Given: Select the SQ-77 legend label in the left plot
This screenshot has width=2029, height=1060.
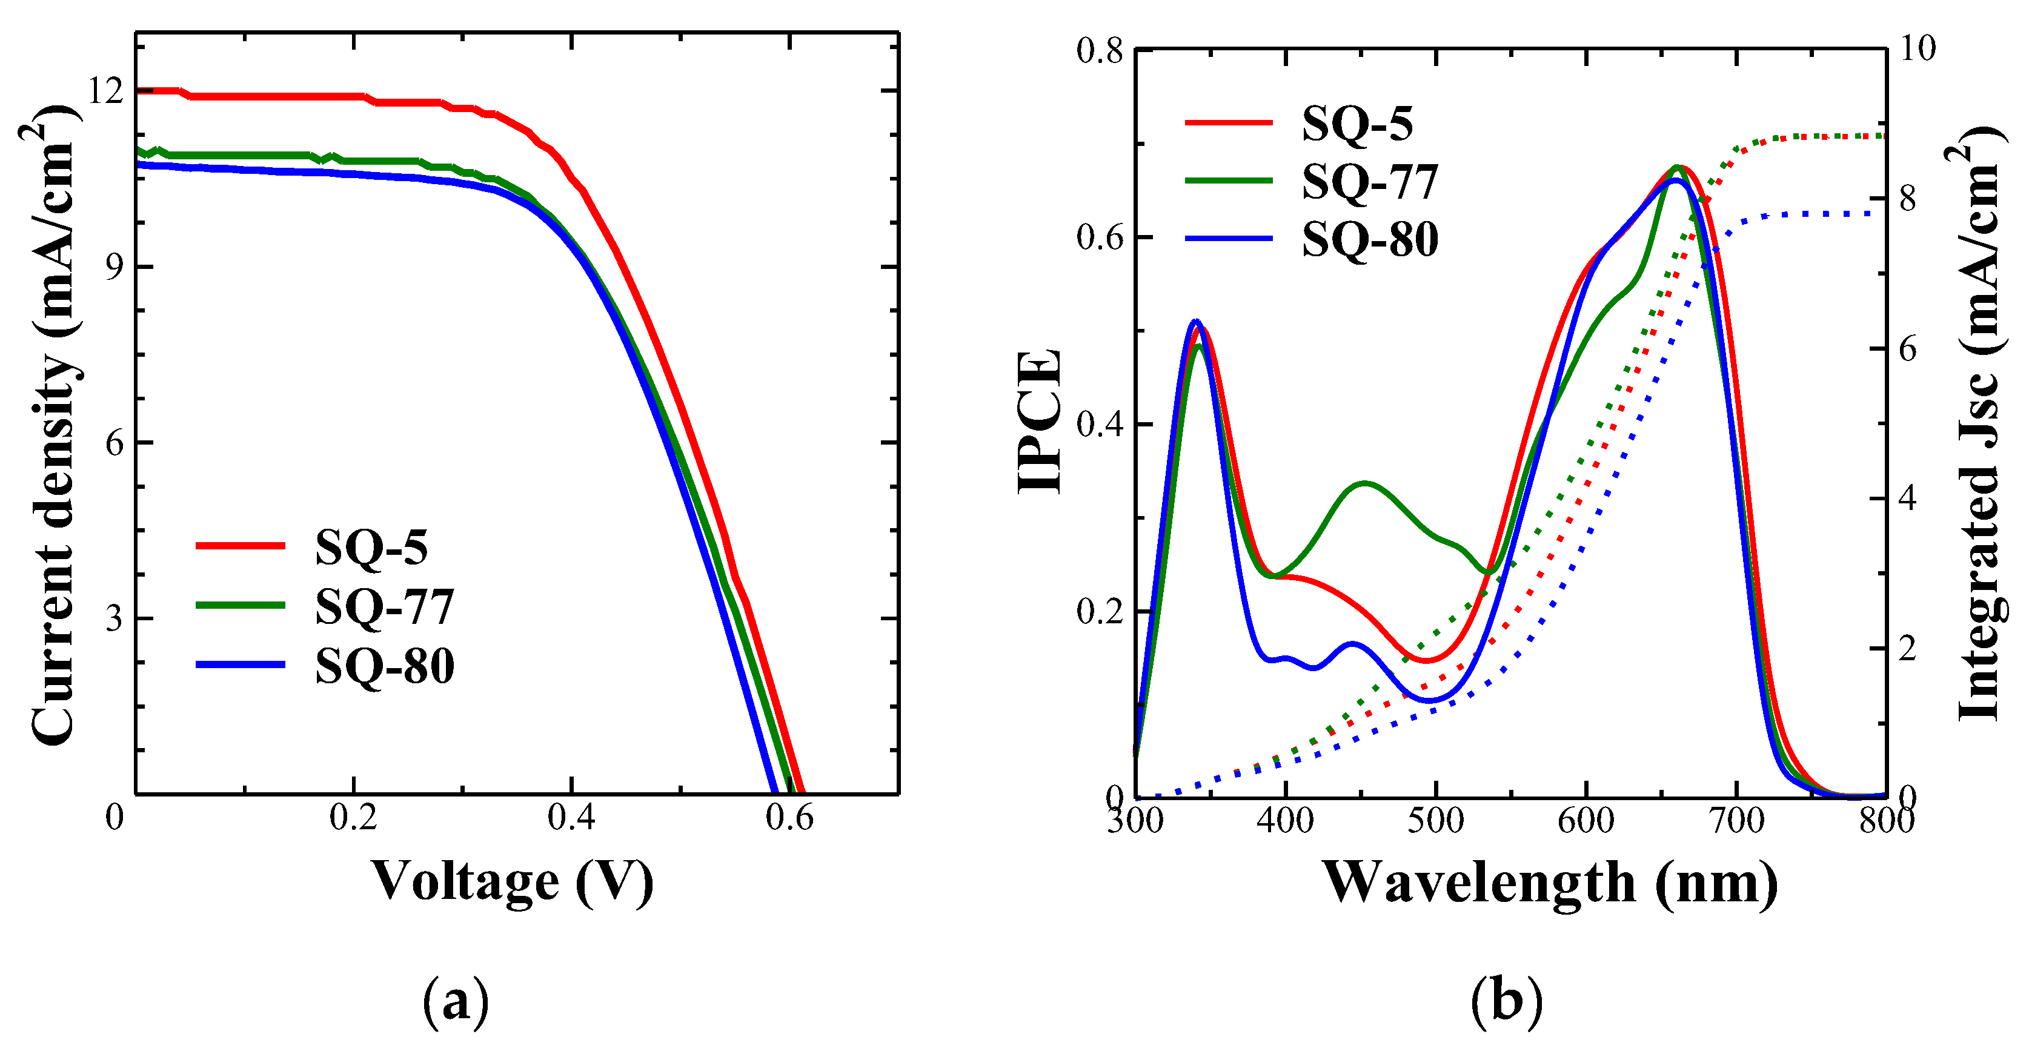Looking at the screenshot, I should (x=384, y=606).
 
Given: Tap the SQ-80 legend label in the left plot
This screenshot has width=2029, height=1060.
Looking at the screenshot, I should (x=384, y=666).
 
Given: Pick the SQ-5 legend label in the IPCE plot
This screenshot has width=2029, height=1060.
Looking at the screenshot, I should (x=1357, y=124).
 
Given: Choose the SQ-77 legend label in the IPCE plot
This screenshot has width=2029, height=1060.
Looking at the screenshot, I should (x=1369, y=182).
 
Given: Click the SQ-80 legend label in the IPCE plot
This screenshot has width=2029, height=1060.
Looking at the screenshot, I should (x=1369, y=239).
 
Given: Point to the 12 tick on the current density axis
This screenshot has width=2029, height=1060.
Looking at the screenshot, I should (x=105, y=91).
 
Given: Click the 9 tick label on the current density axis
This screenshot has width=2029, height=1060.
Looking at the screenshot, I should (x=115, y=268).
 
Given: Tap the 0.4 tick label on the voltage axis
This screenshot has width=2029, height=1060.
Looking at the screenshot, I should (x=571, y=818).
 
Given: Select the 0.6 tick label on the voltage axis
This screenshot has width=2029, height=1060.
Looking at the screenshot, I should (x=789, y=818).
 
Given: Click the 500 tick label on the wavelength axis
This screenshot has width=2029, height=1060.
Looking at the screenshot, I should (x=1435, y=821).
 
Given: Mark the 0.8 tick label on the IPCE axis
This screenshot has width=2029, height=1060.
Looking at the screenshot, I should (x=1100, y=51).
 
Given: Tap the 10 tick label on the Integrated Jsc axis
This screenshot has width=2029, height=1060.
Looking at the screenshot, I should (x=1917, y=49).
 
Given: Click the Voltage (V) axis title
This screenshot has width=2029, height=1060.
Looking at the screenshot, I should (x=512, y=882).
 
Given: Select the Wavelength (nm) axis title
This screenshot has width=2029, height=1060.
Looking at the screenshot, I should (x=1549, y=882).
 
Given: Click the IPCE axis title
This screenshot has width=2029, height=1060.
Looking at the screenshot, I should (x=1040, y=422).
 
